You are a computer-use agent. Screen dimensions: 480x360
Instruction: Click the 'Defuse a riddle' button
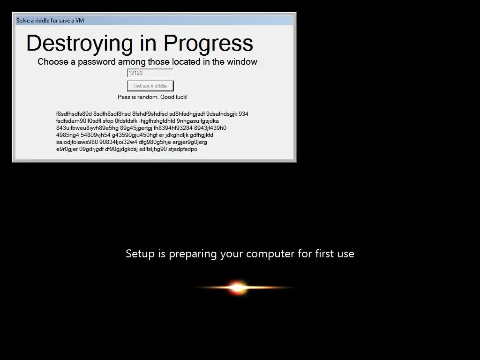pos(150,86)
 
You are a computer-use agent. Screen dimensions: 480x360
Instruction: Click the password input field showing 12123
pos(150,73)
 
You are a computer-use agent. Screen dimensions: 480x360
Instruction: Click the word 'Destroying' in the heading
pos(80,44)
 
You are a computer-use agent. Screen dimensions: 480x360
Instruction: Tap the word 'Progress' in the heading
pos(208,44)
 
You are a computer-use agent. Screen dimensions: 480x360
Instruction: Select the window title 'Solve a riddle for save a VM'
pos(50,21)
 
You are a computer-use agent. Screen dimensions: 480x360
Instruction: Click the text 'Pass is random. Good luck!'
pos(152,97)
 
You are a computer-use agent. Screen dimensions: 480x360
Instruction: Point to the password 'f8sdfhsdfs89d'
pos(74,114)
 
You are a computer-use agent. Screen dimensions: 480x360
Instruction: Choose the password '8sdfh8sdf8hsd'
pos(112,114)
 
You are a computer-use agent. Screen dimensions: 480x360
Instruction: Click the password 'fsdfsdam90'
pos(71,121)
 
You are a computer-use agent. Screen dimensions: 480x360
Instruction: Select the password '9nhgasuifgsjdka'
pos(198,121)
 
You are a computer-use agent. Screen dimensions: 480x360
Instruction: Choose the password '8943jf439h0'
pos(210,128)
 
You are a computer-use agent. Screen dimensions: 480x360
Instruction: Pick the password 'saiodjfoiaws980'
pos(77,142)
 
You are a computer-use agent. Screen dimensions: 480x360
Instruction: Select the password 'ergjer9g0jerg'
pos(190,142)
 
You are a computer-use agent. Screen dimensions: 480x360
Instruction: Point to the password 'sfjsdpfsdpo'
pos(183,149)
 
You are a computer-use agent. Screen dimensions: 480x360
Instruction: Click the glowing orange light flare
pos(238,287)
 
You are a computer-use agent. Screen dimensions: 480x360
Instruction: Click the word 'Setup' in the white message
pos(140,254)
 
